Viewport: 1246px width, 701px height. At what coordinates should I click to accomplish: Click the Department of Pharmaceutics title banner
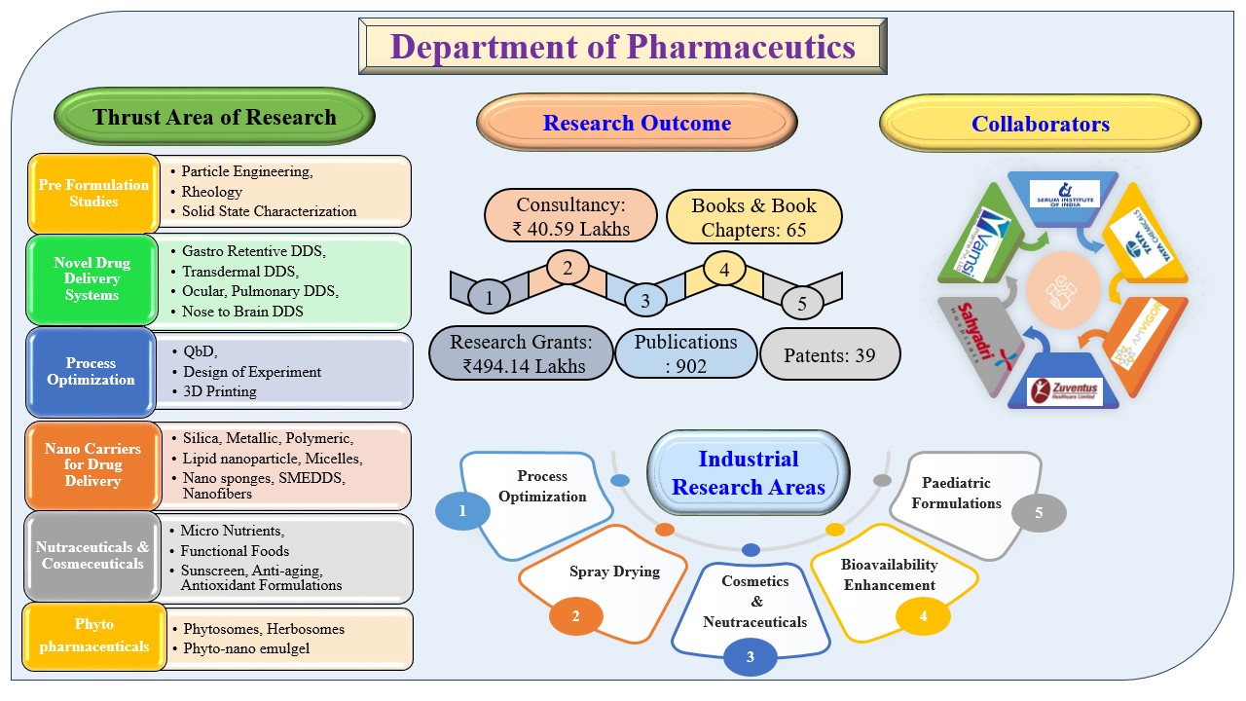(x=623, y=47)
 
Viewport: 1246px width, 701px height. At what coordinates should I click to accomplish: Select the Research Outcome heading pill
(x=637, y=124)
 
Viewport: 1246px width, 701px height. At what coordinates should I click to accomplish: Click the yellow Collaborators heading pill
(x=1040, y=125)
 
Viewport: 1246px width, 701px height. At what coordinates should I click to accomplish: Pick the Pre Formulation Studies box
(x=93, y=193)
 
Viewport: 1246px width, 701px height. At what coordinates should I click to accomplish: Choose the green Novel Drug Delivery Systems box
(x=92, y=279)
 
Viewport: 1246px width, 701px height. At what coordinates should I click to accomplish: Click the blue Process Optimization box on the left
(x=92, y=371)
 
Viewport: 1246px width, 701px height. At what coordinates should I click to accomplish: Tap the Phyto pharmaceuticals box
(x=93, y=635)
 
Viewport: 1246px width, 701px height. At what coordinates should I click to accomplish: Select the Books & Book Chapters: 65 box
(x=752, y=216)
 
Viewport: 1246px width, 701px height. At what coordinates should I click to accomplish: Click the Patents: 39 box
(x=829, y=355)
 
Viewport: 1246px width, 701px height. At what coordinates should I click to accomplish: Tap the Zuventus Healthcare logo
(x=1064, y=391)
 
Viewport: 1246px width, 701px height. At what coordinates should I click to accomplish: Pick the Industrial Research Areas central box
(x=748, y=472)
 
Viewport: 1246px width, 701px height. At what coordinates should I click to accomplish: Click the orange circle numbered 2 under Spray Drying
(x=575, y=615)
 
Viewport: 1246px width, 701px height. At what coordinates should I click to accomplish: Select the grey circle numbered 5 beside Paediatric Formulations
(x=1039, y=513)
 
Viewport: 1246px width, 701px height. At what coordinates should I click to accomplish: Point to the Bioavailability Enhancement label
(x=890, y=574)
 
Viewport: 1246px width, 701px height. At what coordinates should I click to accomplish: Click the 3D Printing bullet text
(x=220, y=391)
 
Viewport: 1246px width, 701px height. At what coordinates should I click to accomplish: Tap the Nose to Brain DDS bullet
(x=242, y=312)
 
